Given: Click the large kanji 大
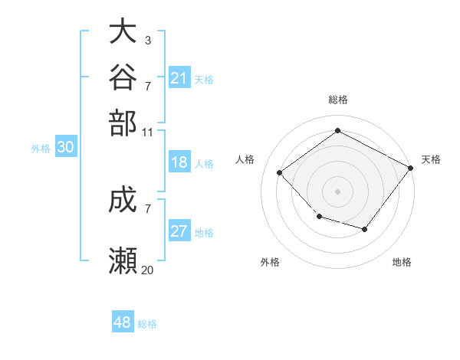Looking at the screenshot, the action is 123,31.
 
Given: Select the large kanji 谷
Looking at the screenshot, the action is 123,77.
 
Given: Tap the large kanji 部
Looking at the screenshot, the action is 123,123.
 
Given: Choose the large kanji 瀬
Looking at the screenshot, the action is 123,260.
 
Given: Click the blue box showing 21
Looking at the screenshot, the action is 179,77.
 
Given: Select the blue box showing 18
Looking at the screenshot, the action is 179,162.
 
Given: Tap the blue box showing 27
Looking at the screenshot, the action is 179,230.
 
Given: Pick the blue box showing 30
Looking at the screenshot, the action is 66,146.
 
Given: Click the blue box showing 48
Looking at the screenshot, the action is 123,321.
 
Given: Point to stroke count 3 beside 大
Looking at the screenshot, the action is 148,41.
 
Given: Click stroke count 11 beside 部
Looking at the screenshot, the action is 147,133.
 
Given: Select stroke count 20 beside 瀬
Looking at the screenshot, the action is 147,270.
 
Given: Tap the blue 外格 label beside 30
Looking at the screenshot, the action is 41,149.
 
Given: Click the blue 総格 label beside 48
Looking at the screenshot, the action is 147,324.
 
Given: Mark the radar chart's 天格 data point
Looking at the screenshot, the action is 411,168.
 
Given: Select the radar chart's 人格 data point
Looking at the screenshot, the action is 280,172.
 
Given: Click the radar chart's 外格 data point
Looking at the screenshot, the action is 320,217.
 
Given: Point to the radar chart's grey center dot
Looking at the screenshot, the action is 337,191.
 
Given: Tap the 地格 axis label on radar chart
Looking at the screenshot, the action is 402,262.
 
